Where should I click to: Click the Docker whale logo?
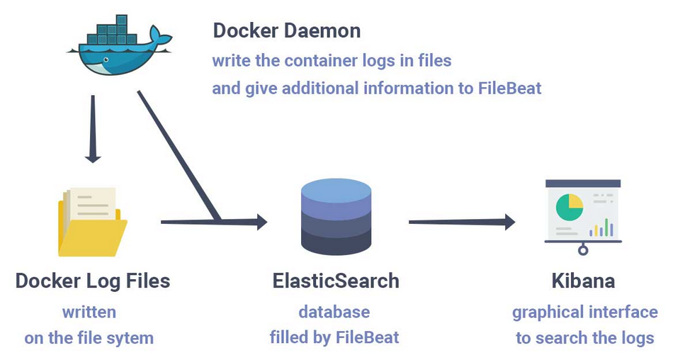(x=117, y=48)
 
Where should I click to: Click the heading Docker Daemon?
(x=287, y=30)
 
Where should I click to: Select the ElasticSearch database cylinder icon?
(x=336, y=216)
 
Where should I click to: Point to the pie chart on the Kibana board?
(x=569, y=206)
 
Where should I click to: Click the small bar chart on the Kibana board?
(x=601, y=228)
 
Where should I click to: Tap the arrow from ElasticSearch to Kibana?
(x=460, y=222)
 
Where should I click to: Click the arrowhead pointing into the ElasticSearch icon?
(x=260, y=222)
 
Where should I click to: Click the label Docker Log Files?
(x=93, y=281)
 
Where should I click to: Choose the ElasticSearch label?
(x=336, y=281)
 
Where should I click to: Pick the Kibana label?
(x=583, y=281)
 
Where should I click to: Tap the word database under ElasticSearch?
(x=334, y=312)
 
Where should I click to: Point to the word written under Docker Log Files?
(x=89, y=312)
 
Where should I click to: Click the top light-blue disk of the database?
(x=336, y=189)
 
